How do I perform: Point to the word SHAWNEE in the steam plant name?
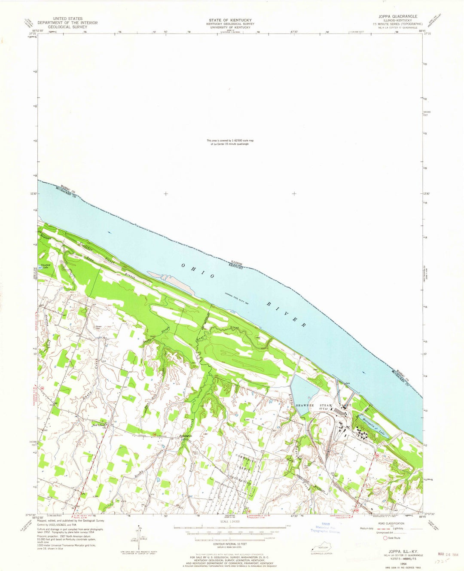click(304, 406)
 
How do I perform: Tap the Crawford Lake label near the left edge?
click(46, 266)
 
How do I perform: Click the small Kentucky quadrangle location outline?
click(320, 548)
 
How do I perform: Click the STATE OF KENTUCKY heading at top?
click(231, 20)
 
